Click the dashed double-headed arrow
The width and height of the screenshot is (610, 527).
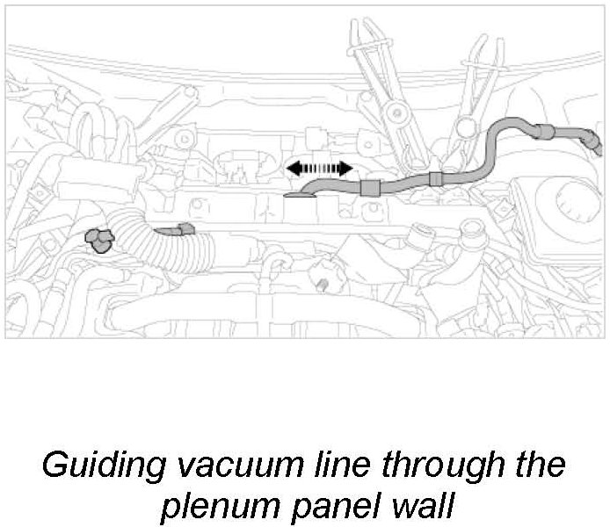[x=318, y=168]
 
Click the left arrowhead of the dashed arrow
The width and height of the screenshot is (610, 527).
[x=290, y=168]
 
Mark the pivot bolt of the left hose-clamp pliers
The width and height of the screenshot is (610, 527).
[x=396, y=112]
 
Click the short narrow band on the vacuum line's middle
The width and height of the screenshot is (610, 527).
[x=435, y=178]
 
